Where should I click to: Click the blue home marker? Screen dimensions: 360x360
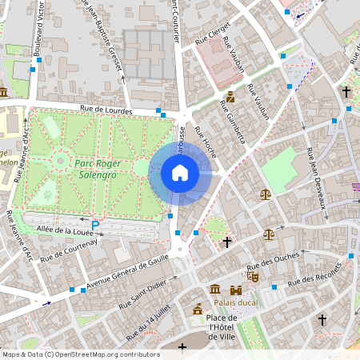tap(180, 173)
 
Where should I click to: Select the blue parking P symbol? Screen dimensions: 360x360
tap(96, 227)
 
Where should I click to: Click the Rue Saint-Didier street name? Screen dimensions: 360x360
tap(143, 295)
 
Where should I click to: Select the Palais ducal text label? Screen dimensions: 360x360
tap(238, 303)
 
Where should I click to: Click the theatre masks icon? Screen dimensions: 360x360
tap(253, 277)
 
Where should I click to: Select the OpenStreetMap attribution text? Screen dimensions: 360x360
tap(80, 354)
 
